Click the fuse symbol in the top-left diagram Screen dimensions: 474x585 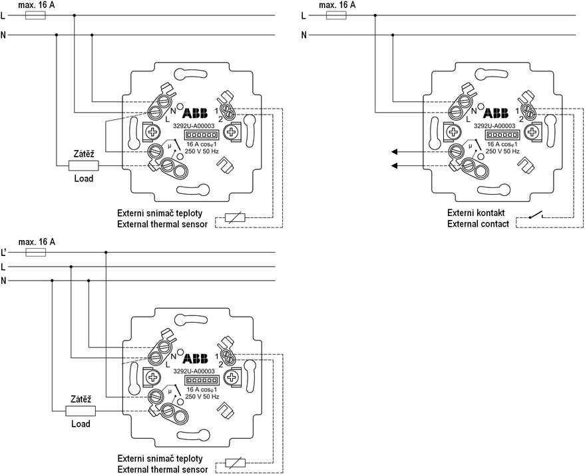pos(35,15)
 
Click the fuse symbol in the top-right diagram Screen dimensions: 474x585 pos(337,15)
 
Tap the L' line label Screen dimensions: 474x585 pos(5,253)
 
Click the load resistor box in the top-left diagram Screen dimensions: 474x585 pos(83,165)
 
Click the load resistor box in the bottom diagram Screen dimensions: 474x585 pos(81,411)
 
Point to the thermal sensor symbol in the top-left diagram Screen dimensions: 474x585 pos(236,217)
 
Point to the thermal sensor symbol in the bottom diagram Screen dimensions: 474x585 pos(236,463)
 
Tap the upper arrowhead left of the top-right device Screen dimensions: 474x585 pos(395,151)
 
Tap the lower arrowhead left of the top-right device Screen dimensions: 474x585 pos(395,165)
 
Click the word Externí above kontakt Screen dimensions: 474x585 pos(464,213)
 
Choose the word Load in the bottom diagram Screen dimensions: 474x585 pos(81,424)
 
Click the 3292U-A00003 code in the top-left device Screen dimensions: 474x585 pos(194,125)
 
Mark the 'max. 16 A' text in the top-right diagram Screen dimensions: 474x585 pos(337,5)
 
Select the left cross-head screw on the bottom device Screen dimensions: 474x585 pos(153,378)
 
